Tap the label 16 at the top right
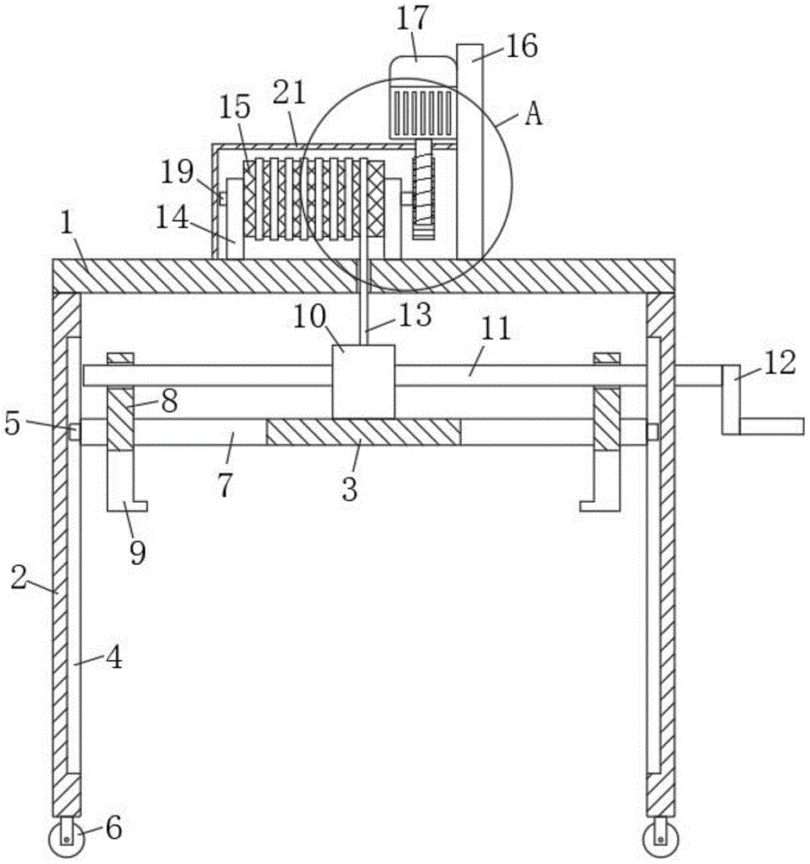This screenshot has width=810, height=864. click(x=521, y=46)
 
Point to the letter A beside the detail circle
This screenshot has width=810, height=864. click(x=535, y=115)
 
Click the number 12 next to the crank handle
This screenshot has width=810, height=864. click(x=779, y=363)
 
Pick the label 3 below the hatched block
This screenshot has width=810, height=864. click(x=348, y=490)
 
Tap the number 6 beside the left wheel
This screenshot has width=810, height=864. click(x=113, y=830)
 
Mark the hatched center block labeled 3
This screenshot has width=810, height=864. click(x=364, y=431)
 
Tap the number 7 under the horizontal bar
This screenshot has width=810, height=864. click(x=225, y=486)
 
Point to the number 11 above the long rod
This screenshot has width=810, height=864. click(x=496, y=329)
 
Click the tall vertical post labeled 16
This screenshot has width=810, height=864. click(x=470, y=156)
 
